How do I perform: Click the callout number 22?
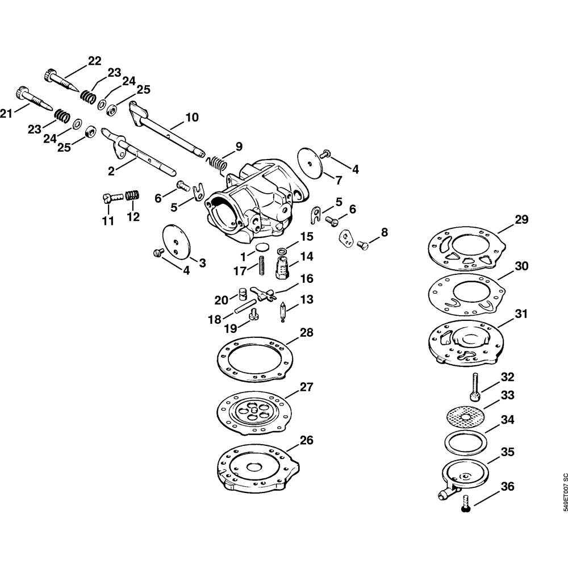tap(94, 61)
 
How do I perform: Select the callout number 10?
tap(191, 118)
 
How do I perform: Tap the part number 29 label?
tap(521, 219)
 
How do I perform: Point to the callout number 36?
tap(507, 487)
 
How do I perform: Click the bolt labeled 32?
tap(473, 387)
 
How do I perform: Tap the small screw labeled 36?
tap(466, 502)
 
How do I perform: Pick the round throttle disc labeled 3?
tap(174, 240)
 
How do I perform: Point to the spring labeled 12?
tap(132, 196)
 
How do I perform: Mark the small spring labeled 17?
tap(262, 265)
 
